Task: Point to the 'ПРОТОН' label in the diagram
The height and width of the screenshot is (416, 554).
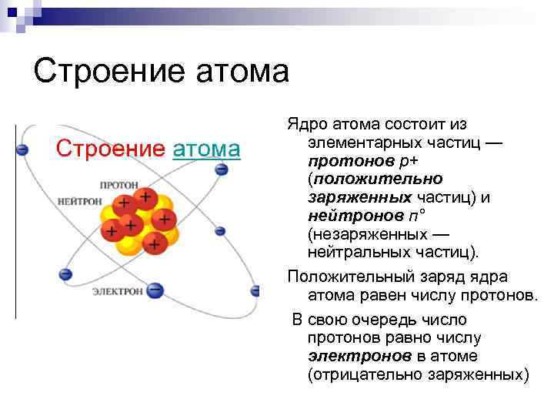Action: click(118, 186)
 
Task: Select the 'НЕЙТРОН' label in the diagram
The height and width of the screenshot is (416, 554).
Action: click(80, 201)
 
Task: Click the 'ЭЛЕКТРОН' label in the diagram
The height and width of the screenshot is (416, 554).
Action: click(117, 291)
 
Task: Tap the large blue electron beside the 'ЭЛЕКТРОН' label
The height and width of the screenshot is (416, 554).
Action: click(155, 290)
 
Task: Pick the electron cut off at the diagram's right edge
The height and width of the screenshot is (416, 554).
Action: click(255, 290)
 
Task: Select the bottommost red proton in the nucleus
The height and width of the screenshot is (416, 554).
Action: click(154, 244)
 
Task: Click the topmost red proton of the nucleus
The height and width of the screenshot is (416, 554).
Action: click(144, 196)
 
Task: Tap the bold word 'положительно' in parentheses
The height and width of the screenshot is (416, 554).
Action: click(361, 179)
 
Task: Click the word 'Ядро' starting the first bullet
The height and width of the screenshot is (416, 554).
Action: click(304, 125)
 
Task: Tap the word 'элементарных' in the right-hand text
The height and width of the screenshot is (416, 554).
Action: click(360, 143)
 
